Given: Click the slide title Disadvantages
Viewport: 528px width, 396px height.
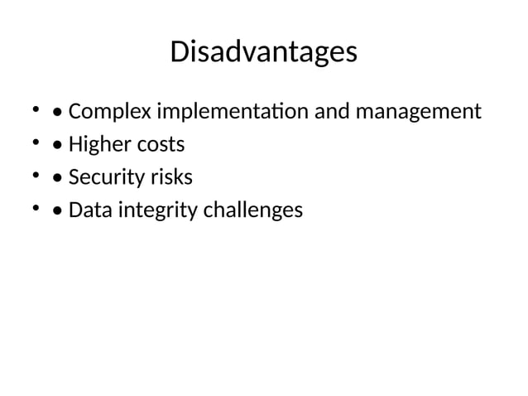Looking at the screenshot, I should [263, 52].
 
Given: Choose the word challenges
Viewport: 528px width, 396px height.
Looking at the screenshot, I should [252, 211].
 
